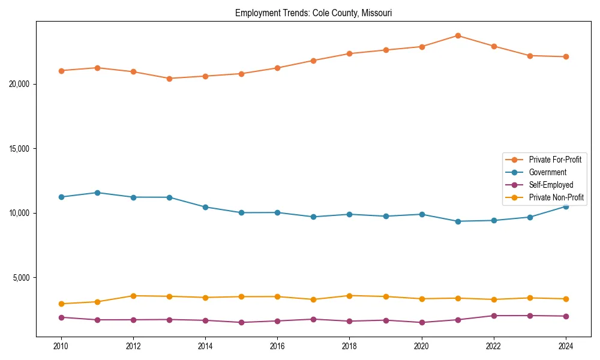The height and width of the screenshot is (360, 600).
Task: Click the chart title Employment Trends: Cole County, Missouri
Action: (x=313, y=13)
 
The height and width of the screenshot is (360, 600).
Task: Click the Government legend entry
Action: (x=547, y=172)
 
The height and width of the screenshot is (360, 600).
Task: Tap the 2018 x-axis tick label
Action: (x=349, y=346)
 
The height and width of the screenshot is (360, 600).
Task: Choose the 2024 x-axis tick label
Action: (x=566, y=346)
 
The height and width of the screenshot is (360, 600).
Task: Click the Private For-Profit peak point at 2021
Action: (x=458, y=35)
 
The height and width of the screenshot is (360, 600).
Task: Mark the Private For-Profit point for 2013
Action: (x=169, y=79)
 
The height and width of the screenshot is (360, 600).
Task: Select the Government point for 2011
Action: (x=97, y=193)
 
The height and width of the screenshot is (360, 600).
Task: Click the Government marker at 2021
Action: (x=458, y=221)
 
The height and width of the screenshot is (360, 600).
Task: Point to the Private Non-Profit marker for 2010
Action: (x=61, y=304)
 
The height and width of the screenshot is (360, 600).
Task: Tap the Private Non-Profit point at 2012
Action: (x=133, y=296)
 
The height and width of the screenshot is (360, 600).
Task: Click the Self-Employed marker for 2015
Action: (x=241, y=322)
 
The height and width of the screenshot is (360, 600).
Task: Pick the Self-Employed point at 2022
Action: (x=494, y=316)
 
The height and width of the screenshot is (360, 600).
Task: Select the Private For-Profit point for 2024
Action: (x=566, y=56)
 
